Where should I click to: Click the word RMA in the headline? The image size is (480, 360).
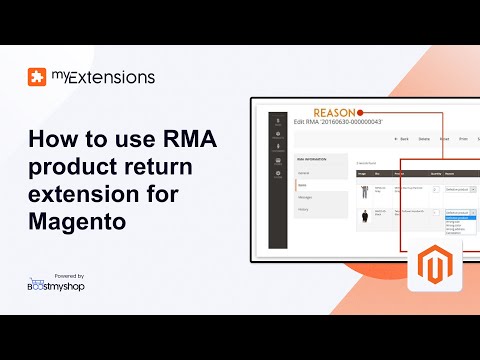(194, 140)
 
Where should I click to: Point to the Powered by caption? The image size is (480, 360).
(67, 275)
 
